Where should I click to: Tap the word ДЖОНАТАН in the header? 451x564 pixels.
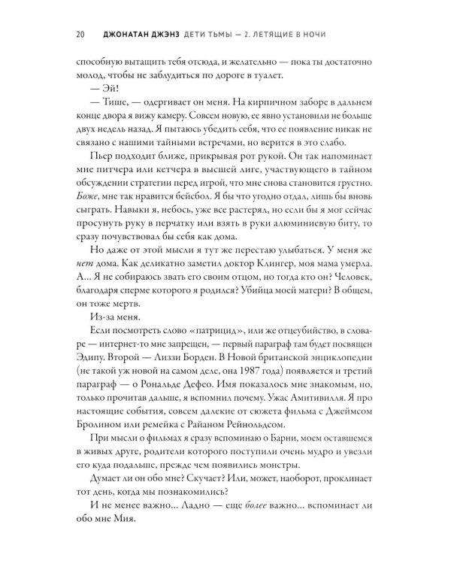click(x=132, y=33)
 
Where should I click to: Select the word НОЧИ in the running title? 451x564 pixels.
click(x=351, y=33)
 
